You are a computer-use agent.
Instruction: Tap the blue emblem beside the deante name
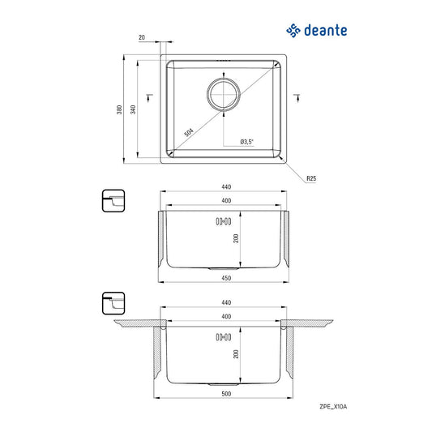click(293, 31)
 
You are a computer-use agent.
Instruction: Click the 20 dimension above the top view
click(142, 37)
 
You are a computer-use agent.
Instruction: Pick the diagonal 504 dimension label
click(189, 130)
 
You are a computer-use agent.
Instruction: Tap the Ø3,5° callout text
click(247, 143)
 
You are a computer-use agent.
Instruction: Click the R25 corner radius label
click(310, 178)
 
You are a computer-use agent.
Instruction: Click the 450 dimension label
click(226, 278)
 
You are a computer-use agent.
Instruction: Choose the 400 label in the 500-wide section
click(226, 315)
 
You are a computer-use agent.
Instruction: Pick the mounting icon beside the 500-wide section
click(113, 303)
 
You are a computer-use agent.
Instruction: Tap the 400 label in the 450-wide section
click(226, 199)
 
